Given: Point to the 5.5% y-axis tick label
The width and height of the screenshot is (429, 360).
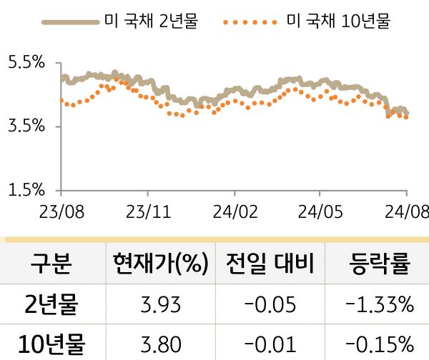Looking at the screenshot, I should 26,63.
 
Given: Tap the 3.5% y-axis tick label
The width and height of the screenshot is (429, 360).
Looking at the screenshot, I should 26,126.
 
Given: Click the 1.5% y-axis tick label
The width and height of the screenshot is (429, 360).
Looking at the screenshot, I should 26,190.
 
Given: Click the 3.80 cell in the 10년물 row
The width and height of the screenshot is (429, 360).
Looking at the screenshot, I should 160,344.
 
